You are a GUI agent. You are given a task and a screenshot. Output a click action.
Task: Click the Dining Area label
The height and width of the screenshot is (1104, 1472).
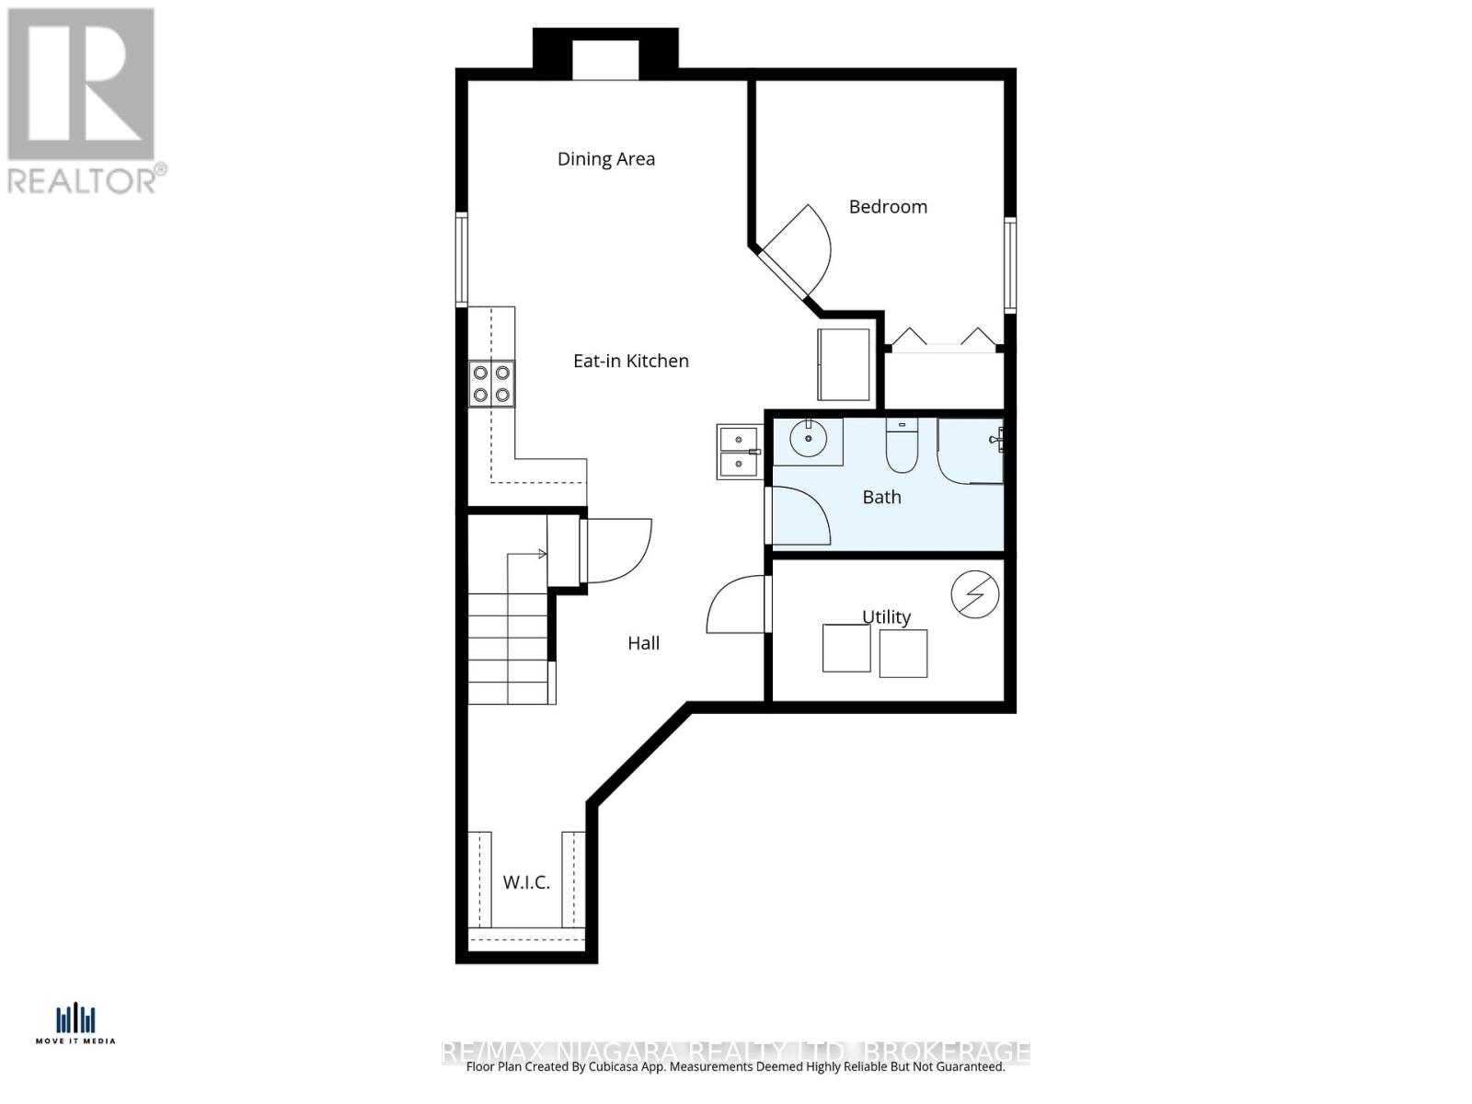coord(605,159)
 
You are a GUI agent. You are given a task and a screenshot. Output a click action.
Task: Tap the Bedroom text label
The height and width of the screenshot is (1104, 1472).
coord(887,207)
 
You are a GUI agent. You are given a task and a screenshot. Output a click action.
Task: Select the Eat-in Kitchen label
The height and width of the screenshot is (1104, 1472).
coord(630,361)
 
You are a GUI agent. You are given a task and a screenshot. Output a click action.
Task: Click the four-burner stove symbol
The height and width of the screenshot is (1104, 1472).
coord(491,384)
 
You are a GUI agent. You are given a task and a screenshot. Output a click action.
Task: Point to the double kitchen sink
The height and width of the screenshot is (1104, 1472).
coord(738,452)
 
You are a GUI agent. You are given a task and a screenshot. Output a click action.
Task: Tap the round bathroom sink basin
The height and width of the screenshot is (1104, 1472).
coord(809,439)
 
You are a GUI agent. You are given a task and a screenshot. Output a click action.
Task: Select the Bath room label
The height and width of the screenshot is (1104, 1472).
coord(880,498)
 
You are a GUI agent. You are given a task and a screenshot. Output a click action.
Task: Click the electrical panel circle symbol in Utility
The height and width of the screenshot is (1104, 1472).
coord(974,595)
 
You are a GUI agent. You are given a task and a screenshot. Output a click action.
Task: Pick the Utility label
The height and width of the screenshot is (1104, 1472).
coord(886,616)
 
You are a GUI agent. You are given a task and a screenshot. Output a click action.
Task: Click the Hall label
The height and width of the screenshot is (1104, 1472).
coord(643,643)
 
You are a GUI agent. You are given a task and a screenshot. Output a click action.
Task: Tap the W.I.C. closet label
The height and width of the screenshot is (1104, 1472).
coord(526,882)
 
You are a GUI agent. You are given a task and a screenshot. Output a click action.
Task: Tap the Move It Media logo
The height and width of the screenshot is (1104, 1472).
coord(75,1024)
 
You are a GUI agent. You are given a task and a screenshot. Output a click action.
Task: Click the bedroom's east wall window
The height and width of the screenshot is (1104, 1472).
coord(1009,265)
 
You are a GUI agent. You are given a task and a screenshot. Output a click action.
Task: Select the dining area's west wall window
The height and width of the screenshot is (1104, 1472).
coord(462,259)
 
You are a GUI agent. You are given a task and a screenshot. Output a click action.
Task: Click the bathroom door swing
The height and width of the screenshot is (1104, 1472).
coord(799,515)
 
